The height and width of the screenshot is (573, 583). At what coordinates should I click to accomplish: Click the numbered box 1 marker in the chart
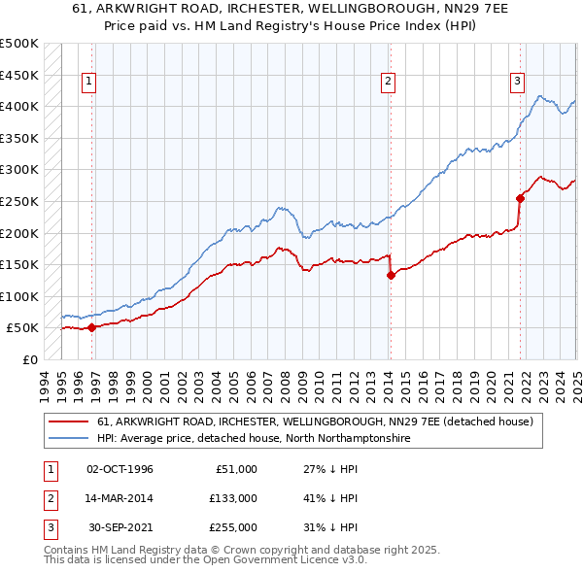tap(88, 82)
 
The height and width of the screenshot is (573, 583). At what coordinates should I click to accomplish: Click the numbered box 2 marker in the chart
tap(388, 82)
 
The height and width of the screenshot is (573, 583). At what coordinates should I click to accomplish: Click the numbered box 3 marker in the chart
tap(517, 82)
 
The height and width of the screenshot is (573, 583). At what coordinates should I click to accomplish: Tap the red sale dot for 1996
tap(92, 327)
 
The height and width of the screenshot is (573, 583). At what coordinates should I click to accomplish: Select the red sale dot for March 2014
tap(391, 275)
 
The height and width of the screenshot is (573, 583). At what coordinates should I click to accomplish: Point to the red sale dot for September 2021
tap(520, 198)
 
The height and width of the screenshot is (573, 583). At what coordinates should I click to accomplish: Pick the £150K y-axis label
tap(19, 264)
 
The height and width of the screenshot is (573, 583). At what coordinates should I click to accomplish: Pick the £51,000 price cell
tap(233, 469)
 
